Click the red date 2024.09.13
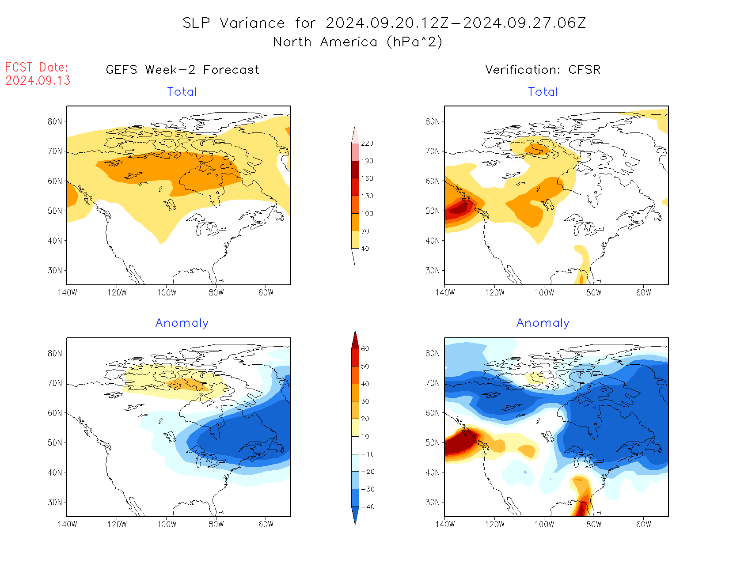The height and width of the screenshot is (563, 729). pos(38,80)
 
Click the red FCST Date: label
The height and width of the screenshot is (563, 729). pos(37,67)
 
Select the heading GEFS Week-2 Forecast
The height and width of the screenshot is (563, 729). pos(182,70)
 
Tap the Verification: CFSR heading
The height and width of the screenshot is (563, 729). pos(543,70)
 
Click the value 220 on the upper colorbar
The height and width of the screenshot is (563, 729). pos(367,144)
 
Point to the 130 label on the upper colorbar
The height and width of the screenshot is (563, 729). pos(367,196)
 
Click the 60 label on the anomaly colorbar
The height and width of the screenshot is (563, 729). pos(365,349)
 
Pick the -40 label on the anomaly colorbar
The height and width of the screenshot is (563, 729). pos(367,507)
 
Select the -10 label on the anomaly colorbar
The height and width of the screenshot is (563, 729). pos(367,454)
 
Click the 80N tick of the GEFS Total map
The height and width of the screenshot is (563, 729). pos(55,122)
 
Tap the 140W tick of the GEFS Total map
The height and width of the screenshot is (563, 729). pos(67,292)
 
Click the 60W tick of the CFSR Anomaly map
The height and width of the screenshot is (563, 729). pos(643,524)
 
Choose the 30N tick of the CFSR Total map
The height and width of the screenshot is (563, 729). pos(433,271)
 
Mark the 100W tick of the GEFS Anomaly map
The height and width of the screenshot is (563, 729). pos(167,524)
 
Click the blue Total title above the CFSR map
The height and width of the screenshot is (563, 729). pos(543,92)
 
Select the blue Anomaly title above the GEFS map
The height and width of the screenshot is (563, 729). pos(182,323)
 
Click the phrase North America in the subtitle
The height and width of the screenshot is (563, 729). pos(325,42)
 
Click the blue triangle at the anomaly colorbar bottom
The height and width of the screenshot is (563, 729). pos(355,515)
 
